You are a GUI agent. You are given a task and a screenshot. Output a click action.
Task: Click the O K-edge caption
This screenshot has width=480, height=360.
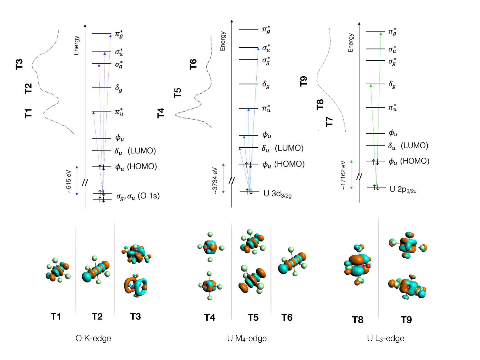point(93,338)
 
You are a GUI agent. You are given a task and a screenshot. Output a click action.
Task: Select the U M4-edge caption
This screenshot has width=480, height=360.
point(247,338)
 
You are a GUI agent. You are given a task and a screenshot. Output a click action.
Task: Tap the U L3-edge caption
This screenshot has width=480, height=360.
point(386,338)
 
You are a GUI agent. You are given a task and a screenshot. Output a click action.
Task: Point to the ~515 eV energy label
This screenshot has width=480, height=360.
point(68,181)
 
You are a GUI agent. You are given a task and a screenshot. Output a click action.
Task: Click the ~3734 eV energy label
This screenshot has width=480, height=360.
point(215,180)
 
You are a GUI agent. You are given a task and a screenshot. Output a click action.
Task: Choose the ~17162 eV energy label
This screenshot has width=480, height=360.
point(343,175)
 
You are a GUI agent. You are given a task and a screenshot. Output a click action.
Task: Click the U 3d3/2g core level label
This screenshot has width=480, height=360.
point(277,194)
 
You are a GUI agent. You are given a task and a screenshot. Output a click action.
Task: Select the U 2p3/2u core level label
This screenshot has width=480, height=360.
point(403,190)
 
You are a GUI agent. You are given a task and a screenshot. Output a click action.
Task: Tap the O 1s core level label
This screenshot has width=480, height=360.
point(138,196)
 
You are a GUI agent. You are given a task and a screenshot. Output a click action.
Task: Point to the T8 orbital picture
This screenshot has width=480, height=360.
point(357,265)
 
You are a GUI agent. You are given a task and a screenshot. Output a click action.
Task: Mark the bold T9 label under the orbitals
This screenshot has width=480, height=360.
point(406,320)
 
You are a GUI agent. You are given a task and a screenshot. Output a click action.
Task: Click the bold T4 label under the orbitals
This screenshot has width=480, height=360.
point(210,318)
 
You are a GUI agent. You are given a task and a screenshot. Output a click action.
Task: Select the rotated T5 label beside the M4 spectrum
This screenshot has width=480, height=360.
point(177,93)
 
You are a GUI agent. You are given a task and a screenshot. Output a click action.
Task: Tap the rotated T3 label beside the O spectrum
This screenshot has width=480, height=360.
point(19,64)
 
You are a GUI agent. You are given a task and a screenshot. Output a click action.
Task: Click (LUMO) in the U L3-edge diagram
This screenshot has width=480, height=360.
point(414,145)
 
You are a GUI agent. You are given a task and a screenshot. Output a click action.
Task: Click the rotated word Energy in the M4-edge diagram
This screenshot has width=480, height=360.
point(223,41)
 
